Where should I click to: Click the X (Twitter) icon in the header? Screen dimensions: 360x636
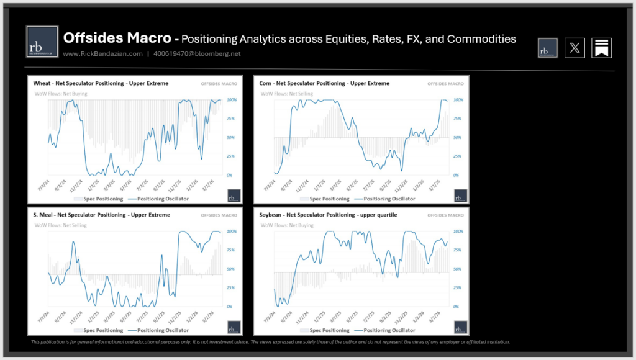point(575,48)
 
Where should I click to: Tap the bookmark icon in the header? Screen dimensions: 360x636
point(601,48)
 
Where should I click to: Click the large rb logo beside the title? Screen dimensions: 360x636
point(42,42)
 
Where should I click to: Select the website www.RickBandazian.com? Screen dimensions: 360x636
point(102,54)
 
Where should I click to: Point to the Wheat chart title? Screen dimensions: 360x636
point(101,83)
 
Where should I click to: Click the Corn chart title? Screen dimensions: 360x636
point(324,83)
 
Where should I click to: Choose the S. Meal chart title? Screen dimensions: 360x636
point(101,215)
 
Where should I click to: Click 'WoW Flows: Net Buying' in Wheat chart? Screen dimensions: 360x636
point(61,94)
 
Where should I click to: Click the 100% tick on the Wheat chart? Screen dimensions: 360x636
point(232,100)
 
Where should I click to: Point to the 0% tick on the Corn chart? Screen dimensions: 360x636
point(456,175)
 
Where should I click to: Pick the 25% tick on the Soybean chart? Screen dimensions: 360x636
point(457,288)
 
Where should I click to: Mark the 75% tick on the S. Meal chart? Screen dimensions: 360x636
point(232,250)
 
